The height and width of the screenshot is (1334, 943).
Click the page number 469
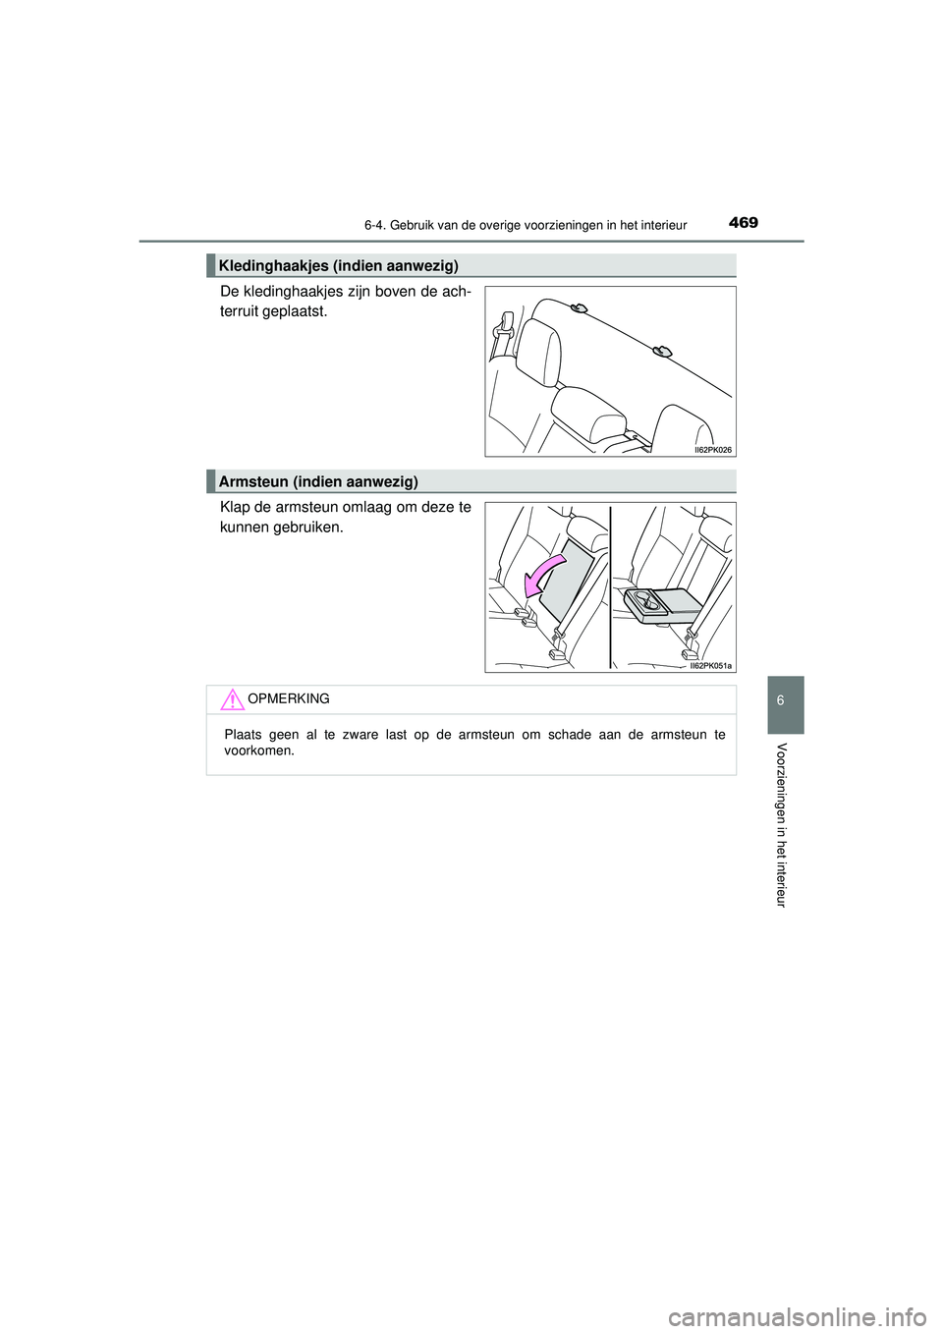(744, 223)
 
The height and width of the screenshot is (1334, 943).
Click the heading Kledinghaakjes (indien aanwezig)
(339, 265)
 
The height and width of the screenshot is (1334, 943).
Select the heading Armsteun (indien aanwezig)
(318, 481)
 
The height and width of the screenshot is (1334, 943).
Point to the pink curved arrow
(542, 576)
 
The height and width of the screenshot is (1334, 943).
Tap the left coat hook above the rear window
(579, 309)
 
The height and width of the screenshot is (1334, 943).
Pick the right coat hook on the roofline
(662, 351)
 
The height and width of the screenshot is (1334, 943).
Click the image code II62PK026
(712, 450)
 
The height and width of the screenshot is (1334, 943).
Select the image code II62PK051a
(709, 666)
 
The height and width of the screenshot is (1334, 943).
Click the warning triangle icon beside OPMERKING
(232, 699)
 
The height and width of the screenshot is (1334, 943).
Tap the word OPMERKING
(289, 698)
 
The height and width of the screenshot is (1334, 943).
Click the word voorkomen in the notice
(259, 750)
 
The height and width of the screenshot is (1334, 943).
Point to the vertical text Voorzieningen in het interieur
(782, 825)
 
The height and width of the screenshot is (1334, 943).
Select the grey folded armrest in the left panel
(566, 584)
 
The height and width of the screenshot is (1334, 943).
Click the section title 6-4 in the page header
(525, 225)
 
